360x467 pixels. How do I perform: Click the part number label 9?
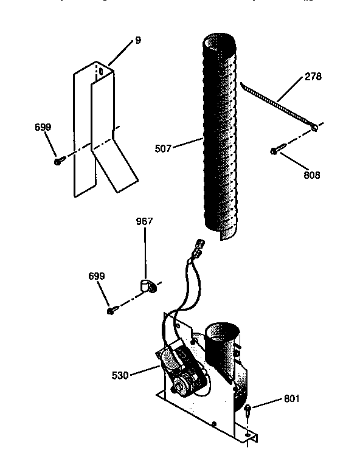138,41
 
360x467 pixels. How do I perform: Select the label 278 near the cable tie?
313,77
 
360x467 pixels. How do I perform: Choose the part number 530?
120,375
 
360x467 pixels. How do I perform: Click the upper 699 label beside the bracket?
43,127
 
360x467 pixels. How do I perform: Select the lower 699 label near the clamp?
96,276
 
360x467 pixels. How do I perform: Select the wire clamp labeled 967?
146,286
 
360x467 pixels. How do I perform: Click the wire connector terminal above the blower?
199,247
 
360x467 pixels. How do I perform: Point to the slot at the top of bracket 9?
101,72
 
